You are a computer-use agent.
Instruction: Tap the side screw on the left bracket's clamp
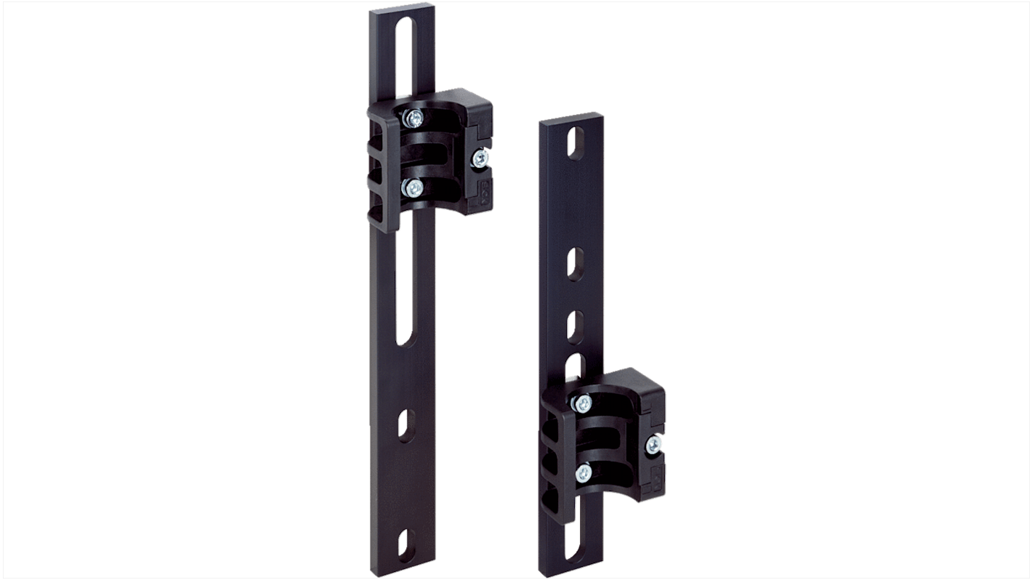tap(479, 158)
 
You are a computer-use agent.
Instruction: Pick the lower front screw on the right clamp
tap(584, 473)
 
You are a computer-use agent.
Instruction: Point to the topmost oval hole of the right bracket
tap(576, 143)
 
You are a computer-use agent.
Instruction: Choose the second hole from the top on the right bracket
tap(575, 262)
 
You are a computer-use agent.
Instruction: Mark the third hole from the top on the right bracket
tap(574, 326)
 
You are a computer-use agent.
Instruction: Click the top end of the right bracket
tap(573, 118)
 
